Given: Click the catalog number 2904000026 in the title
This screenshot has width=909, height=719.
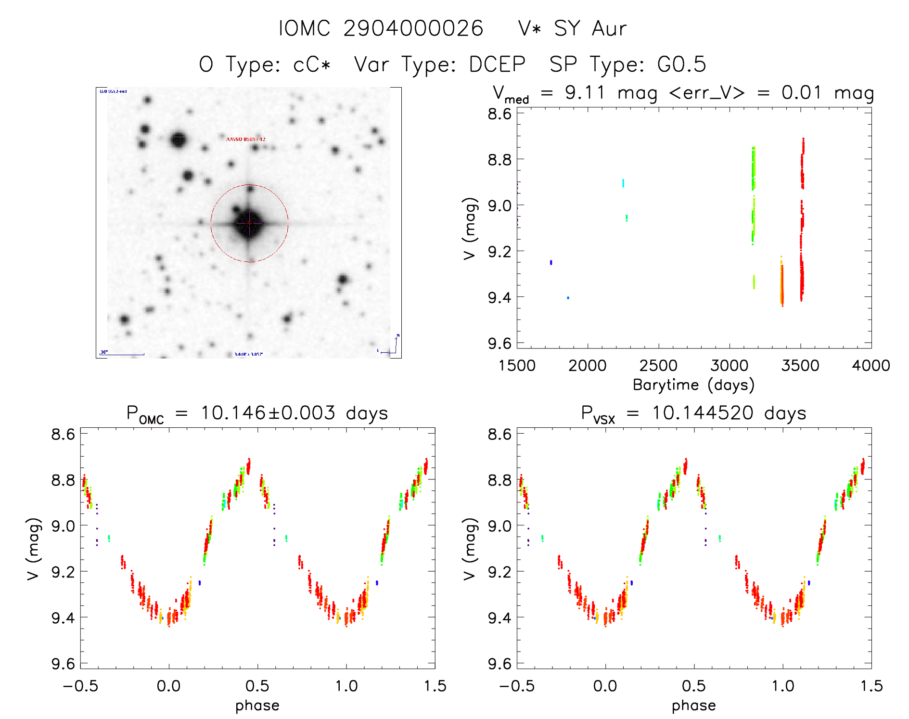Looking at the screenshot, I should point(413,28).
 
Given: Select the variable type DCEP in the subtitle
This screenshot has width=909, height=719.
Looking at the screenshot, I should point(497,64).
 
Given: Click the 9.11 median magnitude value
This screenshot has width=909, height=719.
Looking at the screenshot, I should point(585,92).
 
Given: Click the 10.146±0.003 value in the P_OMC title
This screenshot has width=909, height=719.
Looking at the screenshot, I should point(268,413).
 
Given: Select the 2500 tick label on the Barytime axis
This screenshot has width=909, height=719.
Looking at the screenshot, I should point(658,366).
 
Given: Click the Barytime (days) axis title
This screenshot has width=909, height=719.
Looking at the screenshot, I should point(693,385).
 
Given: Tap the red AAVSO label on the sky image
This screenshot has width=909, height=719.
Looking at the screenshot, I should point(245,139).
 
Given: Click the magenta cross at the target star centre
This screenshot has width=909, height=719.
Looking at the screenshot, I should point(249,223).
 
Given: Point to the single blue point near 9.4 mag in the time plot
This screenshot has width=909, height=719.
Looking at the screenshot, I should point(568,298).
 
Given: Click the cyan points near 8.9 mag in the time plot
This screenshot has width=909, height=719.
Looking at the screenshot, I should point(623,183).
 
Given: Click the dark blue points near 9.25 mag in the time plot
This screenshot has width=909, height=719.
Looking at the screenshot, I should point(551,262).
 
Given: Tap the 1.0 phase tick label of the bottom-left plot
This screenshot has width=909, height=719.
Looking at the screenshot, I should point(346,686).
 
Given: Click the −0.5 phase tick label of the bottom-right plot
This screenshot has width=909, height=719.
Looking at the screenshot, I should point(516,686).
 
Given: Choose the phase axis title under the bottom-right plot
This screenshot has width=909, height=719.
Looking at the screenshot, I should point(693,706).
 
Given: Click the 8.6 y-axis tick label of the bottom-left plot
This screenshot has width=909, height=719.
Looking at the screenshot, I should point(63,434).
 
